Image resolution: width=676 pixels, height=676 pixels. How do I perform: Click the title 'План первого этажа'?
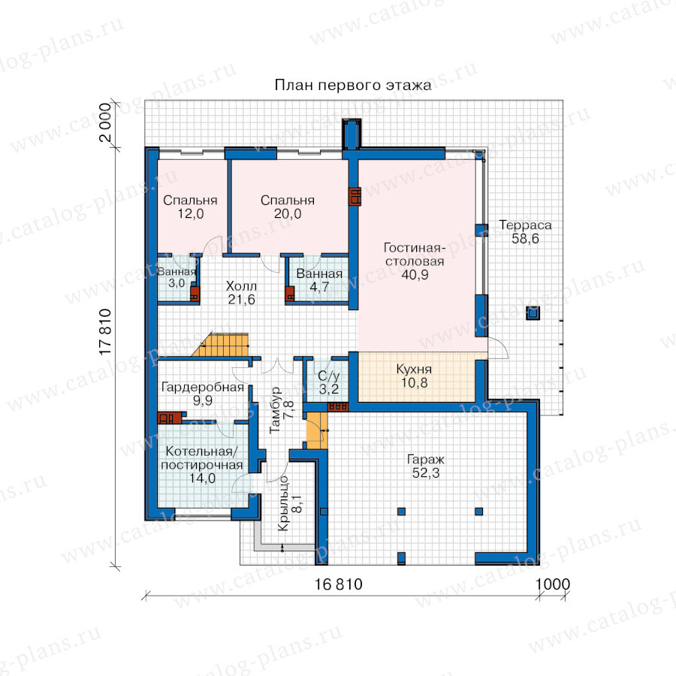(353, 85)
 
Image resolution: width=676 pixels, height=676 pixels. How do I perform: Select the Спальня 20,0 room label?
(288, 207)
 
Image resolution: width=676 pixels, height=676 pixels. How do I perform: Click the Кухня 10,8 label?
(414, 376)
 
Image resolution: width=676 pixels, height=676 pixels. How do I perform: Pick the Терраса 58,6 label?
(525, 231)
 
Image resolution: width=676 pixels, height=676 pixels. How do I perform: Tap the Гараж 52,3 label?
(426, 466)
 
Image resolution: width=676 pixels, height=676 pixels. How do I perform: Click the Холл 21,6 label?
(241, 292)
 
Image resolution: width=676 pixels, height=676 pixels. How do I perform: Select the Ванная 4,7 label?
(319, 280)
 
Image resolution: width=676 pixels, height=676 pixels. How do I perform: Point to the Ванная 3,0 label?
(177, 277)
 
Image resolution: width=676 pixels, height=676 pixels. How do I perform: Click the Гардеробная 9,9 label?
(203, 394)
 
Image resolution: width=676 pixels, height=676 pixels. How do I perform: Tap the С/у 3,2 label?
(328, 382)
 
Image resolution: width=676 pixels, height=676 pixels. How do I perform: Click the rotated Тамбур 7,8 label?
(282, 409)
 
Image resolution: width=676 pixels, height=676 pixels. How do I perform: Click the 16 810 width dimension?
(339, 584)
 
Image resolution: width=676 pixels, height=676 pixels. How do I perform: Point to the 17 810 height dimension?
(106, 332)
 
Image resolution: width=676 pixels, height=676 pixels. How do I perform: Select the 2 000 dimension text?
(106, 123)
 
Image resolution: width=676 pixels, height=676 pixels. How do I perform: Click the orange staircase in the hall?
(220, 345)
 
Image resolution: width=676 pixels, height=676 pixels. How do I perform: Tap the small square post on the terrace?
(533, 312)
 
